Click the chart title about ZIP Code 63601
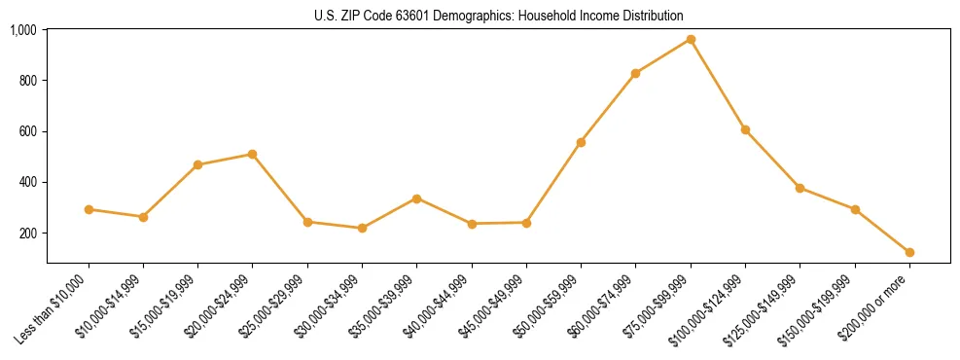click(x=499, y=16)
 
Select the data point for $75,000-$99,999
click(x=691, y=39)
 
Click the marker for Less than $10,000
click(x=89, y=209)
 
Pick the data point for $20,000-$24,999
click(x=253, y=154)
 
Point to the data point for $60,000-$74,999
click(x=635, y=73)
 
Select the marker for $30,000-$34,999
click(x=362, y=228)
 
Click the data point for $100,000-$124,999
click(x=745, y=129)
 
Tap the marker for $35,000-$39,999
click(x=416, y=198)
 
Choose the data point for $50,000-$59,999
click(x=581, y=142)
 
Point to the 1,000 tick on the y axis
click(x=24, y=30)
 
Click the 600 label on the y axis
click(x=28, y=131)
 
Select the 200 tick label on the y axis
click(x=28, y=234)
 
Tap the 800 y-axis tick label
click(x=28, y=81)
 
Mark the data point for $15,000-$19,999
click(x=197, y=164)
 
